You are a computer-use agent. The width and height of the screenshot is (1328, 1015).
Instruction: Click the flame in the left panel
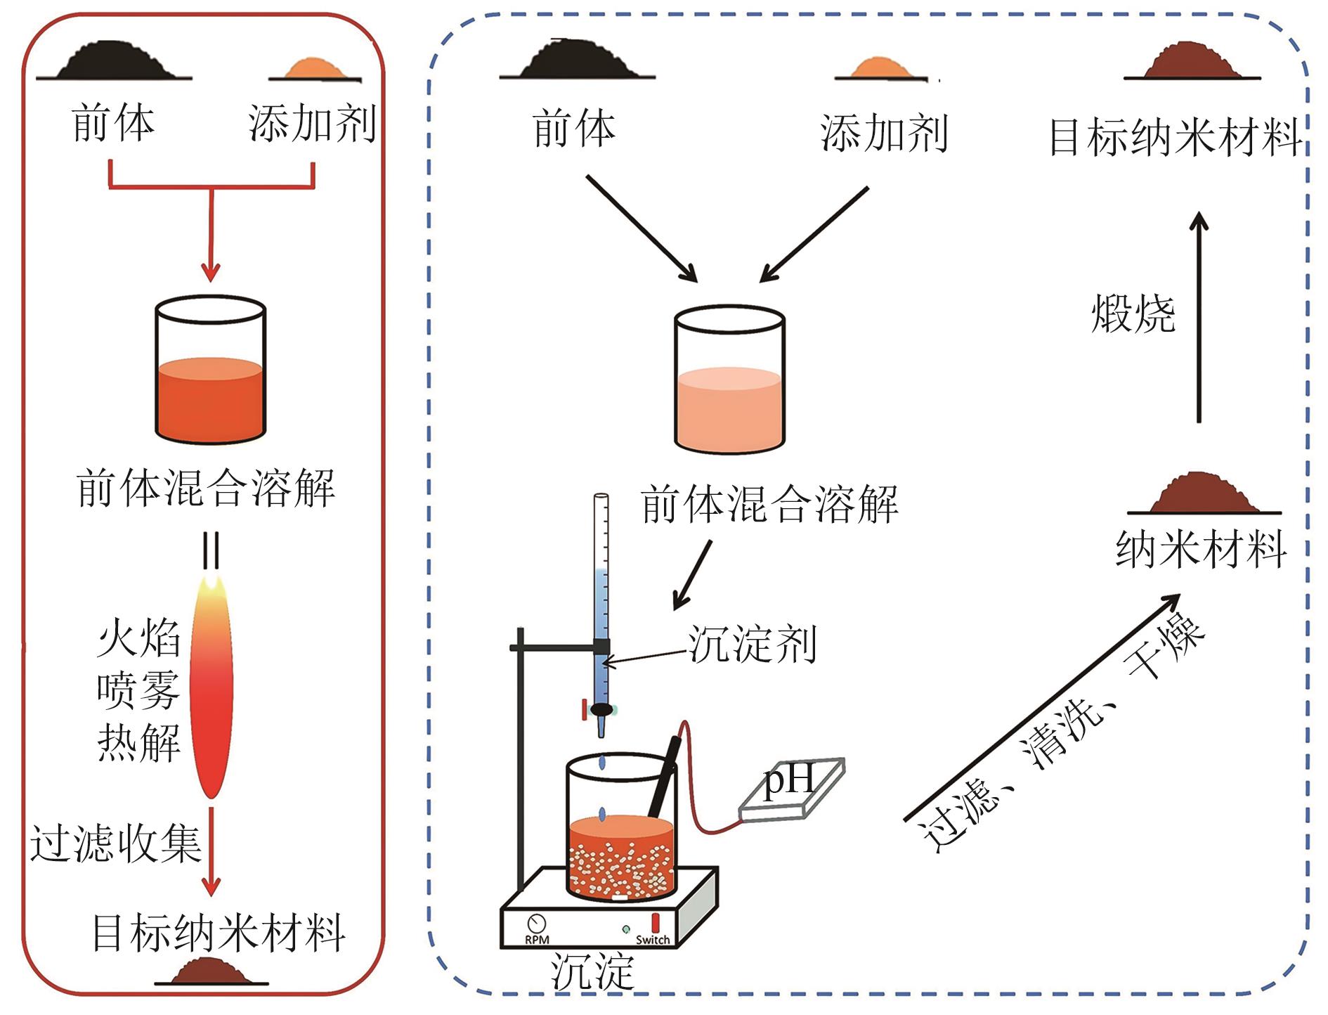pyautogui.click(x=211, y=685)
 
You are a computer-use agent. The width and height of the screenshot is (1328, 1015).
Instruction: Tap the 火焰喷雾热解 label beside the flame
pyautogui.click(x=138, y=690)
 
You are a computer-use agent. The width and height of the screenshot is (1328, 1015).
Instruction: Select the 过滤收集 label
pyautogui.click(x=115, y=843)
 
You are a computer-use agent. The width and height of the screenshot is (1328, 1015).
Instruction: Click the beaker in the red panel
pyautogui.click(x=211, y=370)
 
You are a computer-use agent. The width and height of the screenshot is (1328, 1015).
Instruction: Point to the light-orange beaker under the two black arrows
pyautogui.click(x=729, y=380)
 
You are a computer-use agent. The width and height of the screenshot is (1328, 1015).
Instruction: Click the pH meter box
pyautogui.click(x=792, y=789)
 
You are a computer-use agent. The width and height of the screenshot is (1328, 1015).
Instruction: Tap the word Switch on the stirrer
pyautogui.click(x=653, y=940)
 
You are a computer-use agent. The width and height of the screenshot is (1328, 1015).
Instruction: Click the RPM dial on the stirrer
pyautogui.click(x=537, y=923)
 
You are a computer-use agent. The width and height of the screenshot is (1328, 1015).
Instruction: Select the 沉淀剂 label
pyautogui.click(x=752, y=644)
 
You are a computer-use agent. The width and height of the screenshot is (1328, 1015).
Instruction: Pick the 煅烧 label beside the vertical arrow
pyautogui.click(x=1133, y=313)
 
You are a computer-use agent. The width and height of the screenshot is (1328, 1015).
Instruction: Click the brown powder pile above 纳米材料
pyautogui.click(x=1204, y=493)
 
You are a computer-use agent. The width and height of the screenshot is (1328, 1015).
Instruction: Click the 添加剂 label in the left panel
pyautogui.click(x=312, y=124)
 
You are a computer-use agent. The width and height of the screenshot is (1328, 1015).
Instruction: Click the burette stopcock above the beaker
pyautogui.click(x=601, y=710)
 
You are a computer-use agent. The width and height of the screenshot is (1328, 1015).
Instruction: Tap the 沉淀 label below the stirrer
pyautogui.click(x=592, y=972)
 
